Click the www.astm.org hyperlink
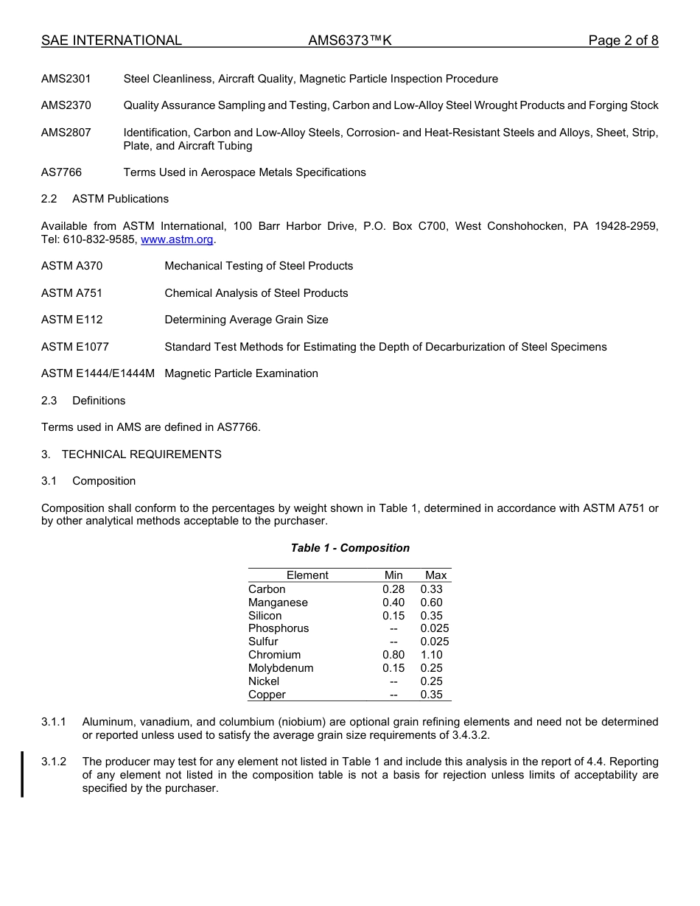[177, 239]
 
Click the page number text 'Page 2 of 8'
[623, 41]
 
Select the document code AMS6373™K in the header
[350, 41]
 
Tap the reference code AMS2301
[66, 79]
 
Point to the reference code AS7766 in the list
[62, 172]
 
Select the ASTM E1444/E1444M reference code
[98, 373]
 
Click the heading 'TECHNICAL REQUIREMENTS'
[141, 454]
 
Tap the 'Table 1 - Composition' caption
[350, 548]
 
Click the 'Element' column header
[307, 575]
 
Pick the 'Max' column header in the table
[435, 575]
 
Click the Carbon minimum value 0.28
[393, 589]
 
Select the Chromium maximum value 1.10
[431, 655]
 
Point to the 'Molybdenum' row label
[281, 668]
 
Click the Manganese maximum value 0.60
[431, 603]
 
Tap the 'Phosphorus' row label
[279, 628]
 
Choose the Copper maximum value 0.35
[431, 695]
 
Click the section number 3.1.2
[54, 762]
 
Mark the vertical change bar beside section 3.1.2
[22, 774]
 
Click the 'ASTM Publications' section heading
[120, 199]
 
